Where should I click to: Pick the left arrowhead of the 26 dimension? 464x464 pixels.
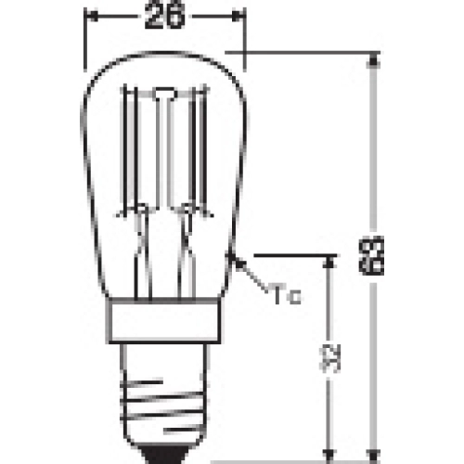(x=91, y=16)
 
